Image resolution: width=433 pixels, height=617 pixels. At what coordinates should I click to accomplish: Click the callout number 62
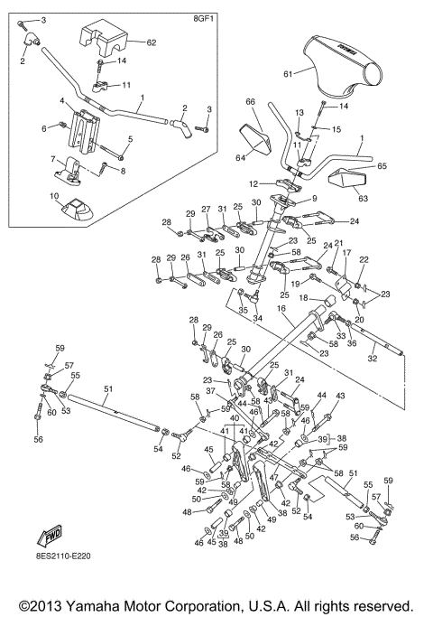coord(151,42)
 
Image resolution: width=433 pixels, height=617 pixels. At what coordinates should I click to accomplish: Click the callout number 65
coord(382,166)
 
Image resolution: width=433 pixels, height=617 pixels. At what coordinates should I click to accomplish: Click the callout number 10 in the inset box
coord(54,196)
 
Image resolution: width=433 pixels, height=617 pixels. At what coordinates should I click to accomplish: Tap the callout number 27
coord(206,208)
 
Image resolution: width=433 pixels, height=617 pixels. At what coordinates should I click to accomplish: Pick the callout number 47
coord(274,476)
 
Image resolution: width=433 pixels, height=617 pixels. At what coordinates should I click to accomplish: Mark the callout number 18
coord(304,297)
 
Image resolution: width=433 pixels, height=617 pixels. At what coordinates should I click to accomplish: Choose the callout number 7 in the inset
coord(54,158)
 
